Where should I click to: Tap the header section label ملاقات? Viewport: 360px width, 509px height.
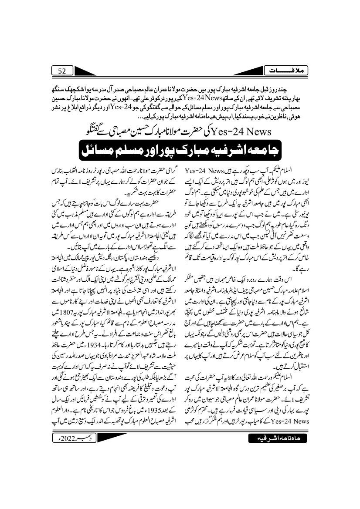click(x=292, y=70)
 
